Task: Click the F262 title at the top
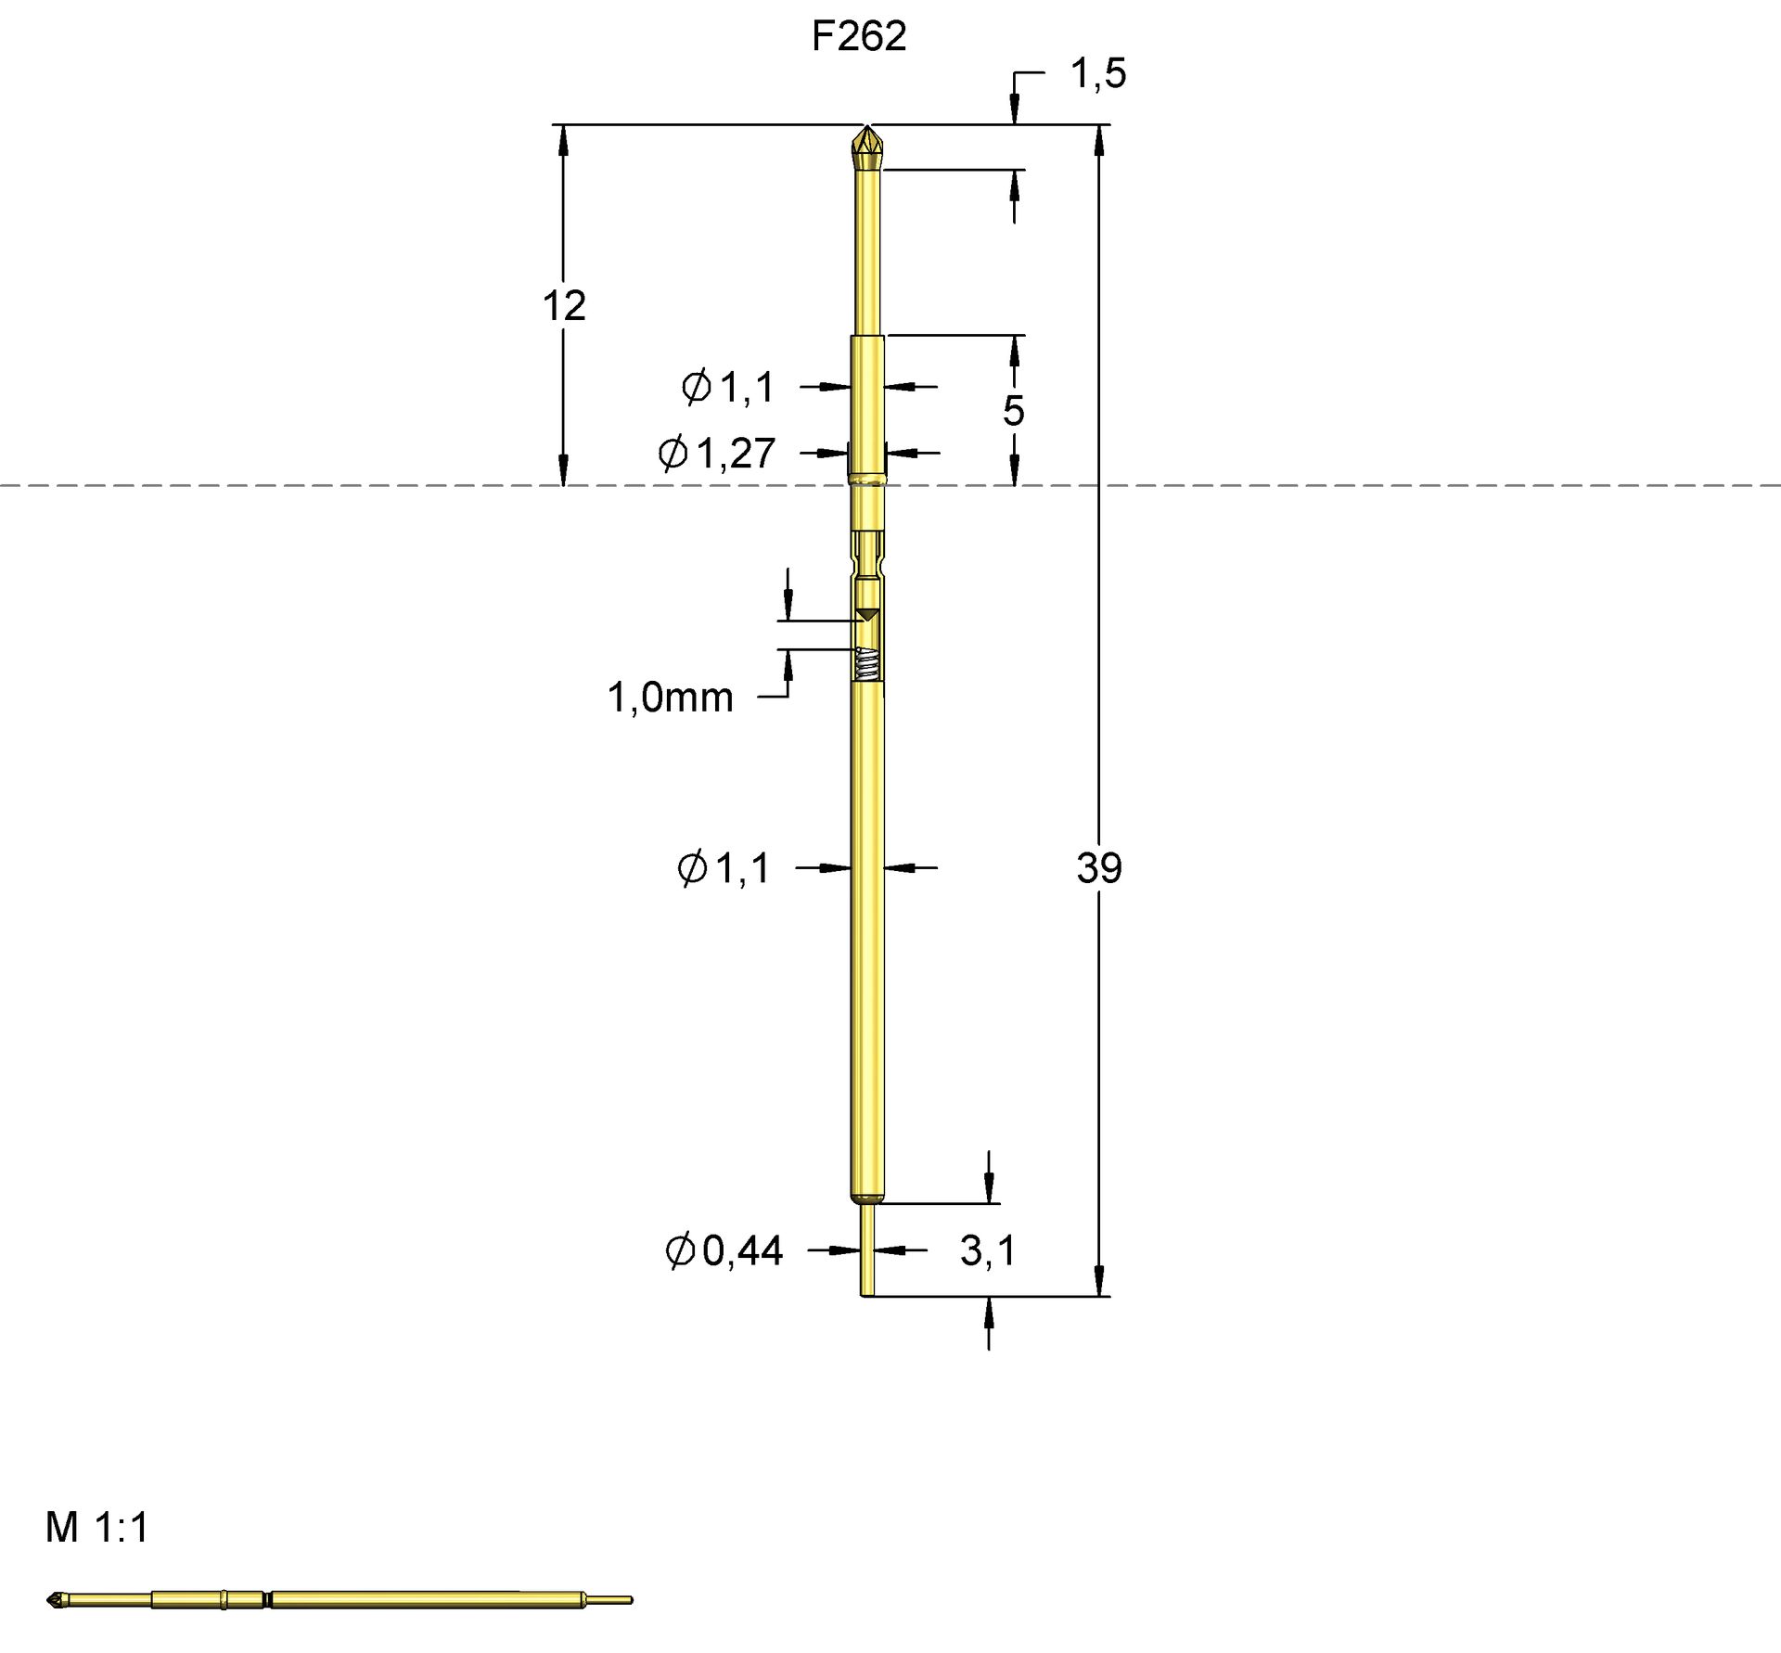point(858,36)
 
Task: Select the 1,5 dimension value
point(1097,73)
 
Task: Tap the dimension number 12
point(564,305)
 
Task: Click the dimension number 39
point(1099,868)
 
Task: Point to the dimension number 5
point(1013,410)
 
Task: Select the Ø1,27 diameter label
point(716,454)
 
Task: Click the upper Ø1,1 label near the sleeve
point(727,387)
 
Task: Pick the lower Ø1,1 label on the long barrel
point(724,868)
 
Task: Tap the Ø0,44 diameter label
point(724,1250)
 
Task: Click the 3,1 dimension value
point(987,1250)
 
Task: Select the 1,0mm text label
point(670,697)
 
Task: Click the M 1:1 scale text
point(97,1527)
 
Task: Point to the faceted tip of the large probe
point(866,145)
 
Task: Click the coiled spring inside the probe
point(866,664)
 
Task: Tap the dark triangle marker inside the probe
point(866,614)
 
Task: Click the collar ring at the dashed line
point(866,480)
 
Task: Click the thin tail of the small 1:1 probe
point(609,1599)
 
